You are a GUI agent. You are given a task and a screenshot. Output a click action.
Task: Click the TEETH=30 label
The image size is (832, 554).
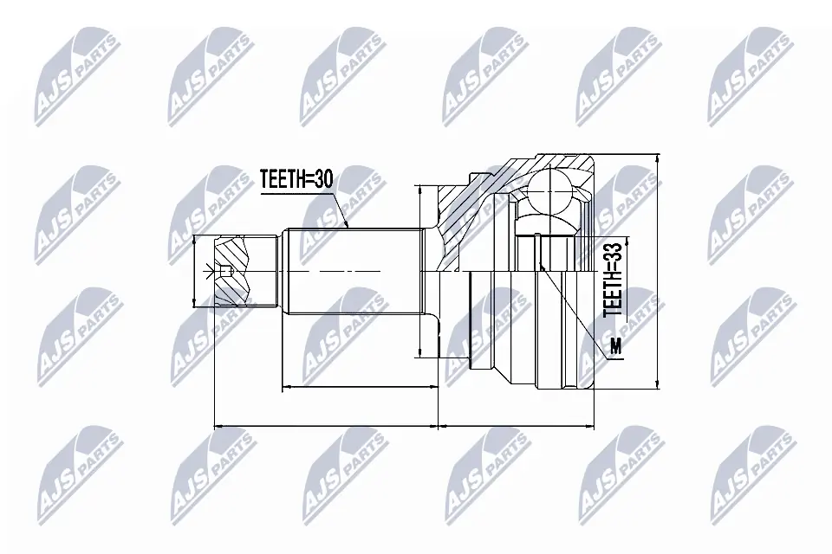296,180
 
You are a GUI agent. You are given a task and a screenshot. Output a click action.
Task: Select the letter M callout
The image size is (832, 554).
617,347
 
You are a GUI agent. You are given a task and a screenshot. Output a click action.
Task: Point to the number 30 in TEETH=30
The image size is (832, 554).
322,180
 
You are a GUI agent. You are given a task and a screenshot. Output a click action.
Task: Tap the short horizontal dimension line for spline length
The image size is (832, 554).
360,386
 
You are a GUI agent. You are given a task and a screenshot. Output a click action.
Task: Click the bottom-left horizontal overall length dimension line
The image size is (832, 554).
326,426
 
